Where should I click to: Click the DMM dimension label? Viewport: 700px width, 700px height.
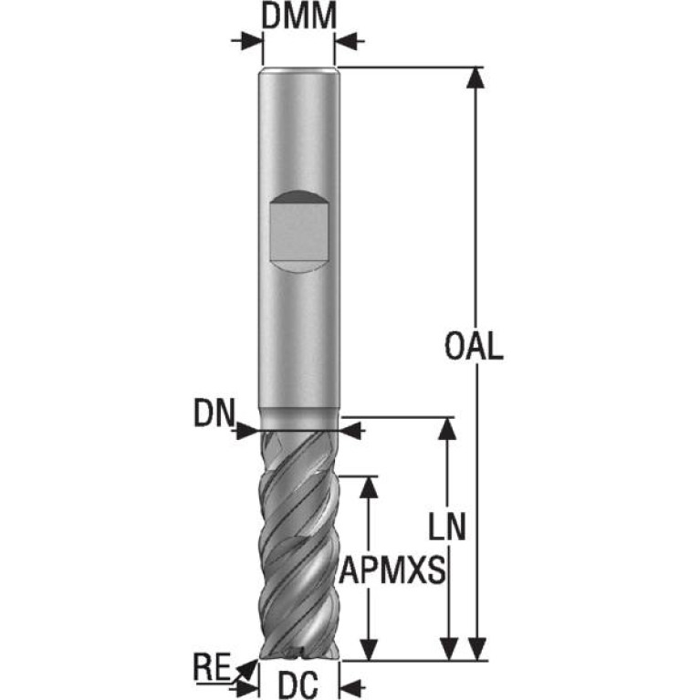click(298, 16)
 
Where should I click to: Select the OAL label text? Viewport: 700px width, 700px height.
click(474, 347)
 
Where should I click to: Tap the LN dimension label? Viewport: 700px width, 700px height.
click(447, 526)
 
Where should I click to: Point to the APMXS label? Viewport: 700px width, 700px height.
click(392, 570)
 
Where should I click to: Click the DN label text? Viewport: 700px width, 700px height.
click(214, 413)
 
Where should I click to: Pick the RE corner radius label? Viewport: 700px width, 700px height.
click(212, 667)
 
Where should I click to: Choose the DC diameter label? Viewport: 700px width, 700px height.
click(298, 685)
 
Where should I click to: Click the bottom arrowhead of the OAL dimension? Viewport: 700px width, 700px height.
click(476, 649)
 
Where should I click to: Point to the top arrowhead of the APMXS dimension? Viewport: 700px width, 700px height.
click(369, 487)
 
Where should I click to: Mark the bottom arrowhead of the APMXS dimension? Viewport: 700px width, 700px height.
click(369, 649)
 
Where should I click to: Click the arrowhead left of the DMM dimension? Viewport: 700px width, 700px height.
click(251, 41)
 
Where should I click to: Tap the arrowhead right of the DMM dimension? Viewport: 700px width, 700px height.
click(347, 41)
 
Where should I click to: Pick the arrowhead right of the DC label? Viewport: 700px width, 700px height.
click(351, 687)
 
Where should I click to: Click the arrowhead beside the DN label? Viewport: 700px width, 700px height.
click(247, 431)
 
